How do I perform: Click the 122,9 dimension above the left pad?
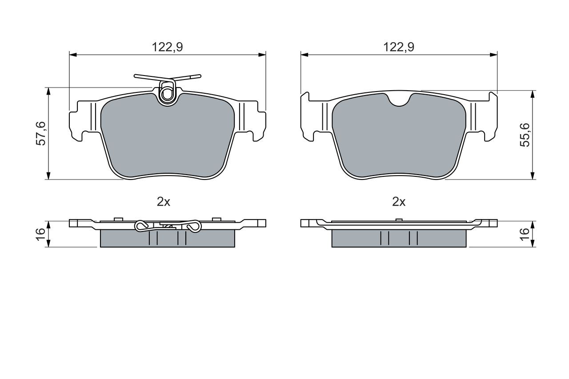point(167,47)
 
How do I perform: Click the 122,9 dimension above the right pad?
point(399,47)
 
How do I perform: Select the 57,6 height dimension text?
point(41,134)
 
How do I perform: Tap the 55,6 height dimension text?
point(525,135)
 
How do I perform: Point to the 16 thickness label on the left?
point(41,234)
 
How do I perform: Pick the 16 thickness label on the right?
point(525,234)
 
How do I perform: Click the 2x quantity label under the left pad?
point(163,202)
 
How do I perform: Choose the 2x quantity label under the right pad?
point(399,202)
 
